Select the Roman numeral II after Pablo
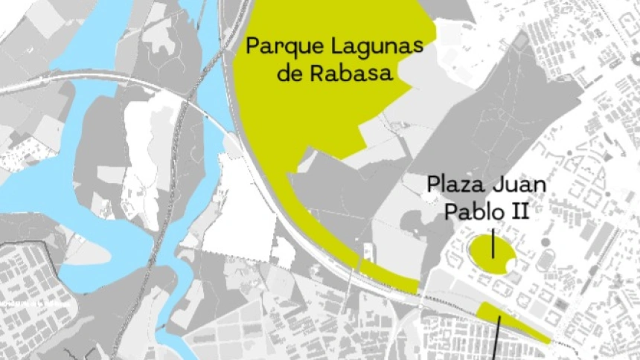(x=519, y=211)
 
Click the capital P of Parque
(x=254, y=47)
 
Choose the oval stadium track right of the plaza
(x=547, y=261)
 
